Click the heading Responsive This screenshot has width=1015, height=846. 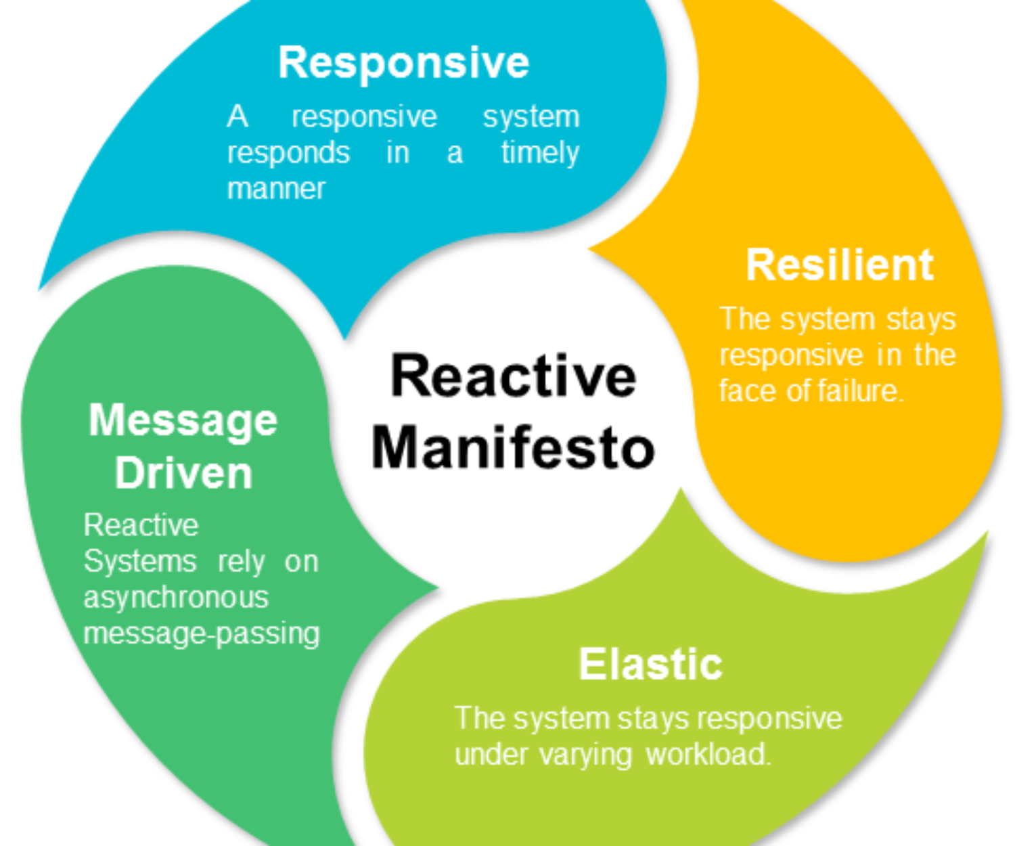click(403, 63)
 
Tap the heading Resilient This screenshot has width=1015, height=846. click(839, 265)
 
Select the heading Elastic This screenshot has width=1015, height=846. click(650, 664)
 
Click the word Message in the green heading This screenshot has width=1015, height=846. click(183, 421)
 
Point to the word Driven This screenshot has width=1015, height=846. click(183, 473)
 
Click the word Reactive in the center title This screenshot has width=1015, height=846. click(514, 377)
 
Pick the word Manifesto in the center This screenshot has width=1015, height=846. click(514, 448)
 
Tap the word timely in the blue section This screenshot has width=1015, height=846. click(540, 153)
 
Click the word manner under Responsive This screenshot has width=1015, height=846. click(276, 189)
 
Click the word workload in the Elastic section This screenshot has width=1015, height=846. click(708, 755)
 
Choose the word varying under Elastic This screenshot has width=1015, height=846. click(585, 755)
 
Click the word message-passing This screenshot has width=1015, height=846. click(201, 634)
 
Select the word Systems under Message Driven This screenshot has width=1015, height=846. click(140, 562)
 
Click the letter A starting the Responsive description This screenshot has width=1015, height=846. click(237, 117)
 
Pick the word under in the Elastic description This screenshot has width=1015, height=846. click(490, 755)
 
